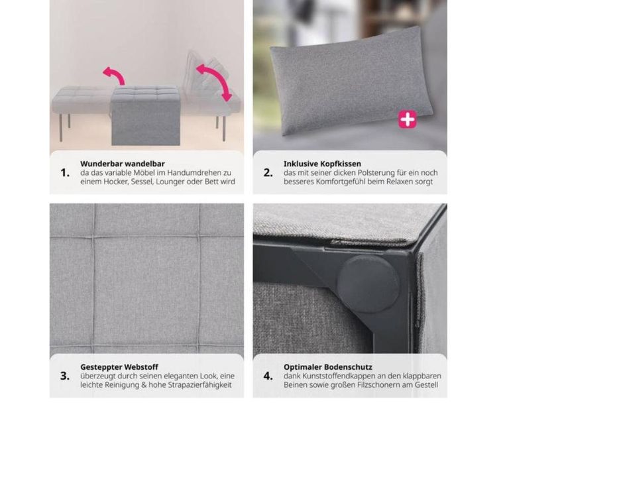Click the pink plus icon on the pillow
pyautogui.click(x=408, y=119)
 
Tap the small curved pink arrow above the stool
pyautogui.click(x=114, y=74)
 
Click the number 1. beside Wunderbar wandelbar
pyautogui.click(x=65, y=173)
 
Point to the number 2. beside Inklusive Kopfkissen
pyautogui.click(x=268, y=173)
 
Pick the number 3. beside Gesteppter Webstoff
pyautogui.click(x=65, y=376)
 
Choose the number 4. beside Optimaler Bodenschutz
pyautogui.click(x=268, y=376)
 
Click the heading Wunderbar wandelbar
pyautogui.click(x=123, y=164)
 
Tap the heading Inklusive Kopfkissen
pyautogui.click(x=322, y=164)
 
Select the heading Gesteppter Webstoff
pyautogui.click(x=119, y=367)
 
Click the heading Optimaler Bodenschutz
pyautogui.click(x=328, y=367)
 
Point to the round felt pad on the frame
pyautogui.click(x=368, y=284)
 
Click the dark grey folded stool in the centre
pyautogui.click(x=145, y=116)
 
